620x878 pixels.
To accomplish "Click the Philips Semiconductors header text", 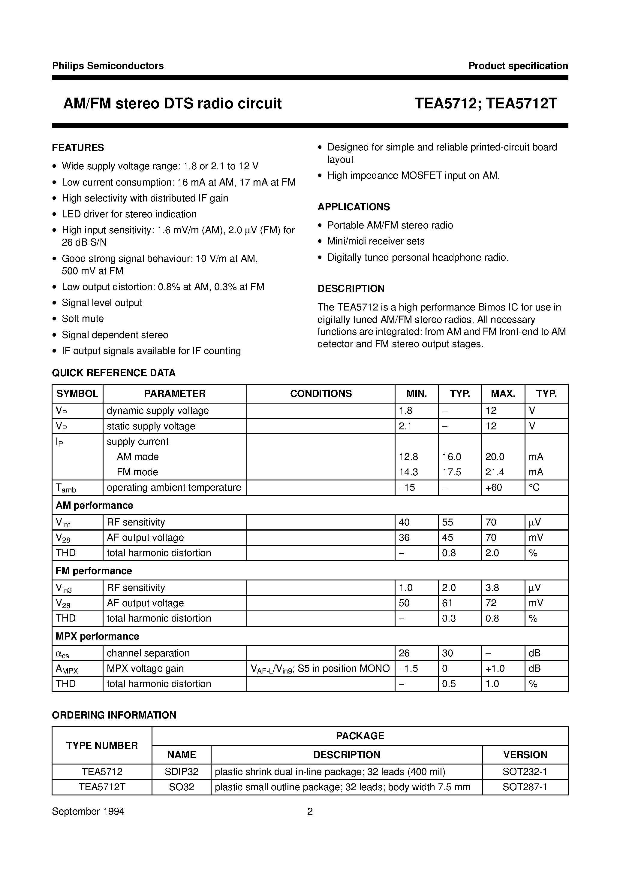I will (108, 66).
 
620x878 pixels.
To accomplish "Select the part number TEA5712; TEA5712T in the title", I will (486, 104).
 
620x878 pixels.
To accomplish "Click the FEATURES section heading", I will (78, 148).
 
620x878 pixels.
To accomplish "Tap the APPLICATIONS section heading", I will (354, 207).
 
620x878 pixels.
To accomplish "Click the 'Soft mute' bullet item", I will (83, 319).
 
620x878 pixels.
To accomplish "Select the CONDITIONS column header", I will (321, 393).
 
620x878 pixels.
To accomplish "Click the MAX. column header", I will (503, 393).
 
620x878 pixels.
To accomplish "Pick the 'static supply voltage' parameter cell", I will (151, 426).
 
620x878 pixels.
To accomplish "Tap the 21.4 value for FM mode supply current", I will (495, 472).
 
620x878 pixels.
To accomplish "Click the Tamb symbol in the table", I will (66, 488).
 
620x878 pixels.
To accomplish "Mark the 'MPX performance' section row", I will (98, 636).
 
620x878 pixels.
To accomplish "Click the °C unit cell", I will (534, 488).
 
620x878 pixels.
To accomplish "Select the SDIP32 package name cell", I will (182, 772).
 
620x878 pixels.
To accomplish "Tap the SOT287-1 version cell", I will (525, 787).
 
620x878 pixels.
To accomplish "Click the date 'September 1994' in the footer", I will (88, 811).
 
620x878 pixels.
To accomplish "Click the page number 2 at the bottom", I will (310, 811).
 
